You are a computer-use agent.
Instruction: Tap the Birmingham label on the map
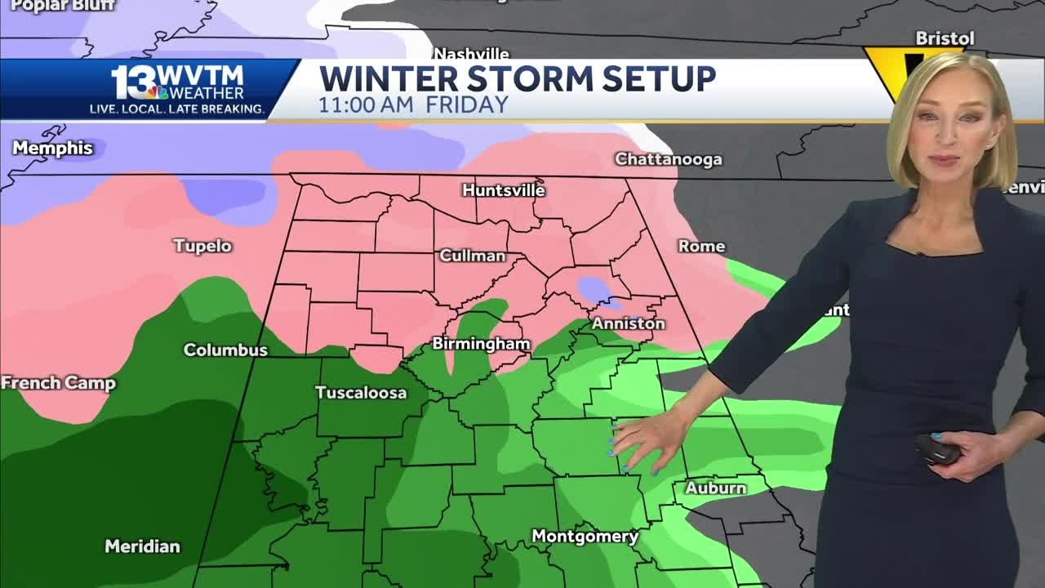point(481,344)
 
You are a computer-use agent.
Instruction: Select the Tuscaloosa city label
point(361,393)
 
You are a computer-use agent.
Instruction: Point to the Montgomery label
point(585,537)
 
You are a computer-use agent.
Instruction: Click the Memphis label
point(53,149)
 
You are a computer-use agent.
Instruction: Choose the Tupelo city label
point(202,246)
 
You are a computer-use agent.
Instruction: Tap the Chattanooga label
point(668,159)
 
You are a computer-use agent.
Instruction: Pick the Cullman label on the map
point(472,256)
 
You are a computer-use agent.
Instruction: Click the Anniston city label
point(628,323)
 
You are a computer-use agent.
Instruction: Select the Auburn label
point(715,488)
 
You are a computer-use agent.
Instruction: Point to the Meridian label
point(142,546)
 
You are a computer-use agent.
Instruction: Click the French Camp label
point(58,383)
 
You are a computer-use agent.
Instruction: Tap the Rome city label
point(701,246)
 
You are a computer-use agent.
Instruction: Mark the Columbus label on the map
point(225,350)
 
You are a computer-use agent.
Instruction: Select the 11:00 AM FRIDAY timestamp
point(413,105)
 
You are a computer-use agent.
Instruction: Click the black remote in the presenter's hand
point(936,448)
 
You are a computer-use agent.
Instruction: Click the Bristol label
point(945,38)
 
